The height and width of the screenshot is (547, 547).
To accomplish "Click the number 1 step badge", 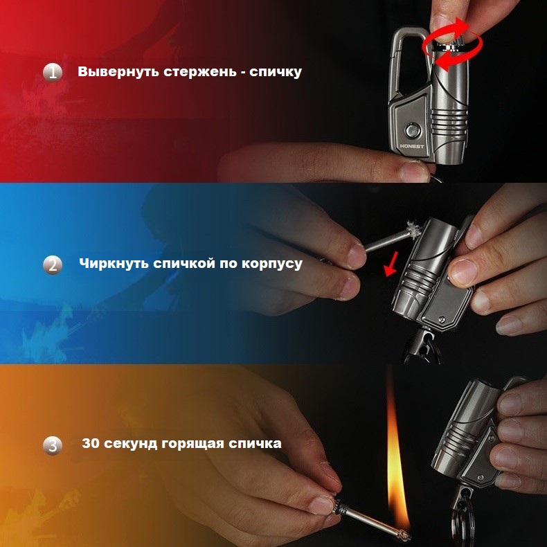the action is tap(53, 73).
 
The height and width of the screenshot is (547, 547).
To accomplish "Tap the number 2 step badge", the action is tap(53, 265).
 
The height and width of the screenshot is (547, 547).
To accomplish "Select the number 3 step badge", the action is tap(53, 445).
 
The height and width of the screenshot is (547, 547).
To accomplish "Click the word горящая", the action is tap(193, 444).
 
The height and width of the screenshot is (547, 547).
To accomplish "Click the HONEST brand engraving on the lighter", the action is tap(412, 146).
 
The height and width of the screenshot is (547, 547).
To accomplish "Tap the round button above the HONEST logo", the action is tap(412, 130).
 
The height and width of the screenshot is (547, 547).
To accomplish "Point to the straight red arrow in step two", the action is tap(391, 264).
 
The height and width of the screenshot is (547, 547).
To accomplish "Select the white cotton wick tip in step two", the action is tap(413, 228).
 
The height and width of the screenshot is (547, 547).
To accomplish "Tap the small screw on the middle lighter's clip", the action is tap(442, 319).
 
